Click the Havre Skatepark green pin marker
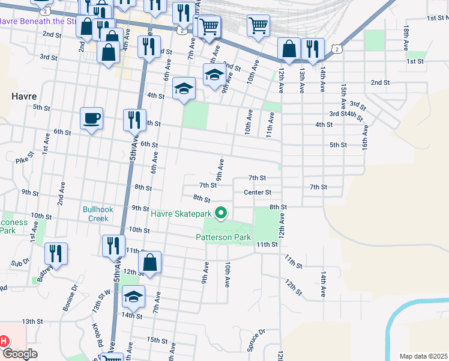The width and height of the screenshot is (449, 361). (221, 213)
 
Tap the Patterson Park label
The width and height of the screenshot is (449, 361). (222, 237)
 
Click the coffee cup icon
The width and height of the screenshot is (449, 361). (92, 118)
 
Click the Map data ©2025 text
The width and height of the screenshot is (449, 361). (423, 356)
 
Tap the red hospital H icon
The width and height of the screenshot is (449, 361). (4, 341)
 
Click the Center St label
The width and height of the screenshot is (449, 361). (258, 193)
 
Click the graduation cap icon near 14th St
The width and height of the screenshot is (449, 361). (134, 295)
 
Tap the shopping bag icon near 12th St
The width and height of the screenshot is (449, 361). (150, 262)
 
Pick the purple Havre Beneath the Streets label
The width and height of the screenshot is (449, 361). (37, 21)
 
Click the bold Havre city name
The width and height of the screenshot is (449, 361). (24, 96)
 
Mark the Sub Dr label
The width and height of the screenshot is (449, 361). (20, 263)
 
